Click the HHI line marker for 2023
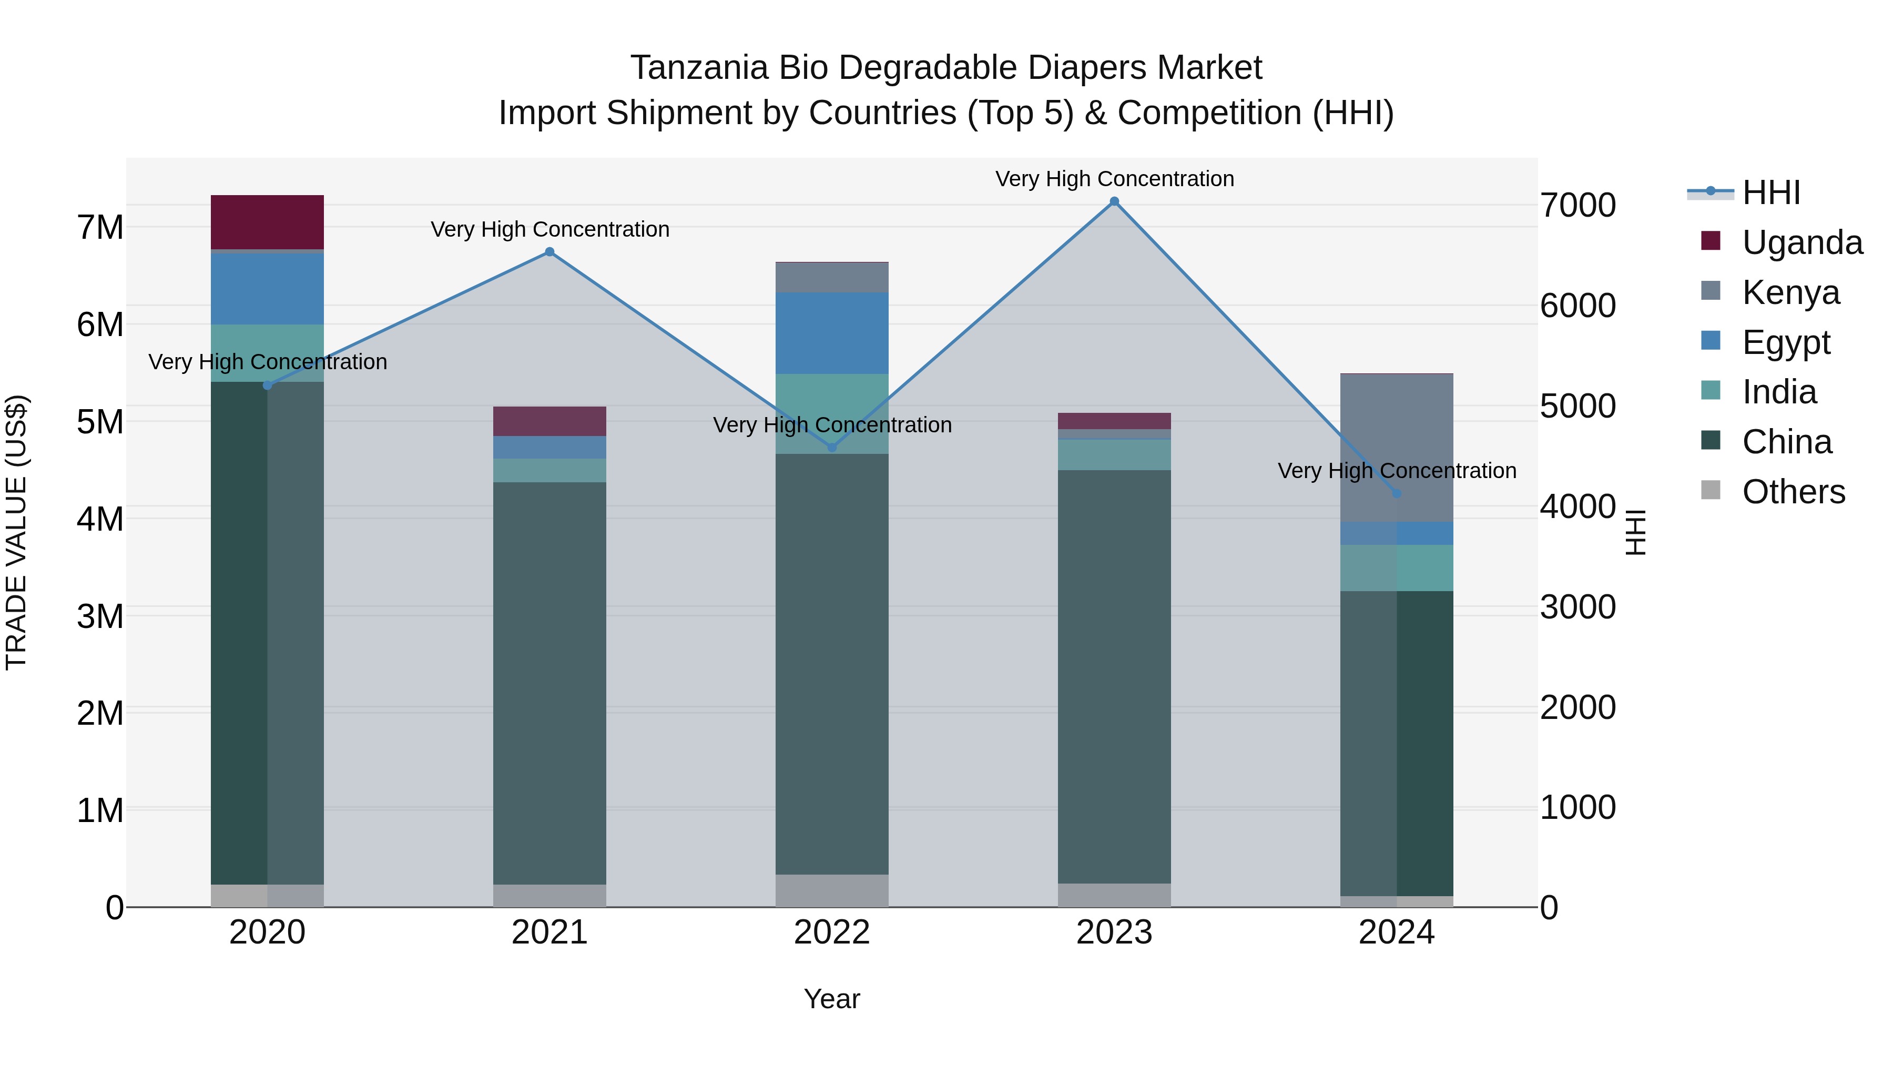1114,201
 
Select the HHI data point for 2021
549,252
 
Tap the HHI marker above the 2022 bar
832,448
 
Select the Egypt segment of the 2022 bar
832,332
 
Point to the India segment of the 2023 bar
1114,455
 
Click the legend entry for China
1786,442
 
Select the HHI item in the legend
1770,192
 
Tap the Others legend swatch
1710,490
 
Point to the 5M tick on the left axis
100,422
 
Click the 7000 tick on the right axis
1578,205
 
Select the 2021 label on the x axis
549,932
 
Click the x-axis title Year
831,999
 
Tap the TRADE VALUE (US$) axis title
16,532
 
